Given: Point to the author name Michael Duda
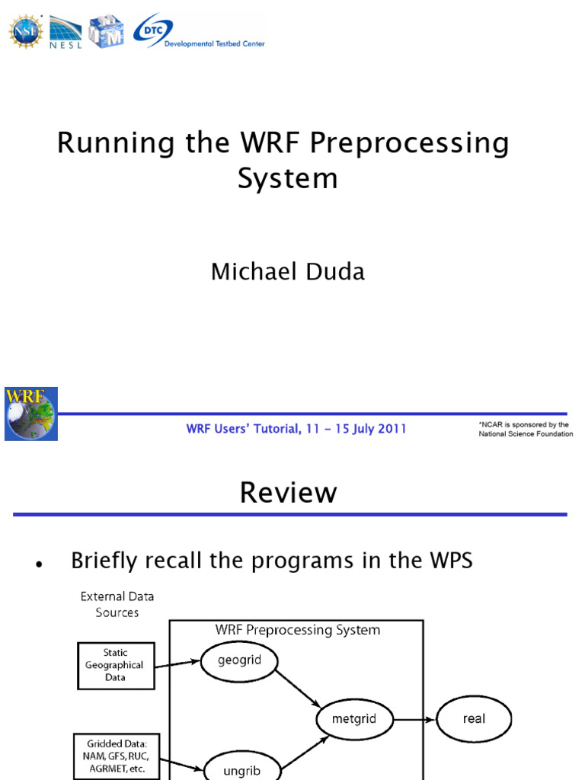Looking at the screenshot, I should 288,272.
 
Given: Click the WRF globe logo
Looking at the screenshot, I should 30,414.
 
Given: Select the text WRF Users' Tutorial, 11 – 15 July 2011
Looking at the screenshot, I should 296,429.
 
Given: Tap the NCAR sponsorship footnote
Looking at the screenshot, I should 525,429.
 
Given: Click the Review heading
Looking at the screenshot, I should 288,493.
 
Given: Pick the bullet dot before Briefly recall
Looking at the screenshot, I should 37,564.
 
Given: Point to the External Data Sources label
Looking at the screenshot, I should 117,605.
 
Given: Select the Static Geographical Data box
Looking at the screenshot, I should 116,664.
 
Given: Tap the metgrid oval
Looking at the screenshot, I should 354,718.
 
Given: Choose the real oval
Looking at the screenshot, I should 473,718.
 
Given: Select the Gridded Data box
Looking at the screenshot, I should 111,755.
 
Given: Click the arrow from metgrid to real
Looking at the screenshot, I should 414,718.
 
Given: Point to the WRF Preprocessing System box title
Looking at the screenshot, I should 297,630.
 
